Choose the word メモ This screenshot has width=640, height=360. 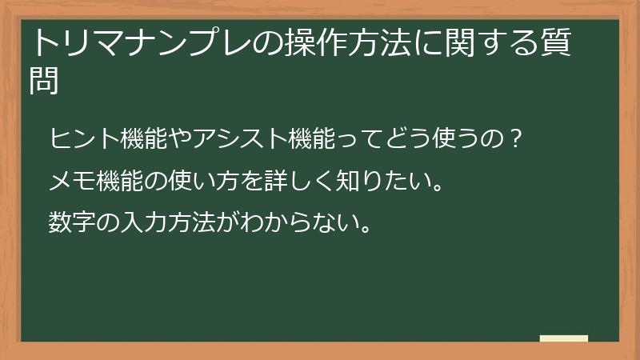pos(68,182)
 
